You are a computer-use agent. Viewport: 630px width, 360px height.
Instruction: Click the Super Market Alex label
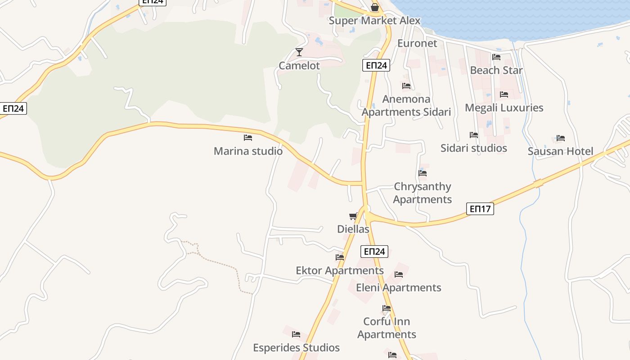click(374, 21)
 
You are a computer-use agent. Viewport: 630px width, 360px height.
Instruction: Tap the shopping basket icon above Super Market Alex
click(374, 8)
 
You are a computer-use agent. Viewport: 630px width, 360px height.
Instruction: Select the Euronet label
click(417, 43)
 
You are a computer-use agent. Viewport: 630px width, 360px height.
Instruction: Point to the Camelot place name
click(299, 66)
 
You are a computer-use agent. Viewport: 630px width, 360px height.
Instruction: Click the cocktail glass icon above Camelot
click(299, 52)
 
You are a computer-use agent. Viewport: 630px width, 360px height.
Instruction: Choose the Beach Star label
click(496, 70)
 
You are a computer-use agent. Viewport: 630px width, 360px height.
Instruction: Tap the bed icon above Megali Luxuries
click(504, 94)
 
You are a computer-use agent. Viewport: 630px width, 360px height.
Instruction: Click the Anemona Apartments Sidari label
click(406, 105)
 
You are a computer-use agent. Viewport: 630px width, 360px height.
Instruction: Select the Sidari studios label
click(473, 148)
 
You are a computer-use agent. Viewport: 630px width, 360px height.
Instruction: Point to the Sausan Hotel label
click(560, 151)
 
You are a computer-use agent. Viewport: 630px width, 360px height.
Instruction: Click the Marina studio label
click(248, 151)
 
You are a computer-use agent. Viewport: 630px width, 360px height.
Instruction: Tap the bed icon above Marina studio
click(248, 138)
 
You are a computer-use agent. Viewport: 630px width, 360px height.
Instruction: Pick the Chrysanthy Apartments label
click(423, 193)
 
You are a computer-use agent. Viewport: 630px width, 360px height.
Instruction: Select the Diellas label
click(353, 229)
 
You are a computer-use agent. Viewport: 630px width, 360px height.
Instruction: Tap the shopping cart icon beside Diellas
click(353, 216)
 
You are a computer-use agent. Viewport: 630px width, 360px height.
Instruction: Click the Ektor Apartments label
click(340, 270)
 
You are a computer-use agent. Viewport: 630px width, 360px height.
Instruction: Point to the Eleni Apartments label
click(399, 288)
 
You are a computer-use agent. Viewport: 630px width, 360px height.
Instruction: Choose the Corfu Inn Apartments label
click(387, 328)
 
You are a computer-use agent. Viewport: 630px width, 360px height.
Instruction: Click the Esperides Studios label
click(296, 348)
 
